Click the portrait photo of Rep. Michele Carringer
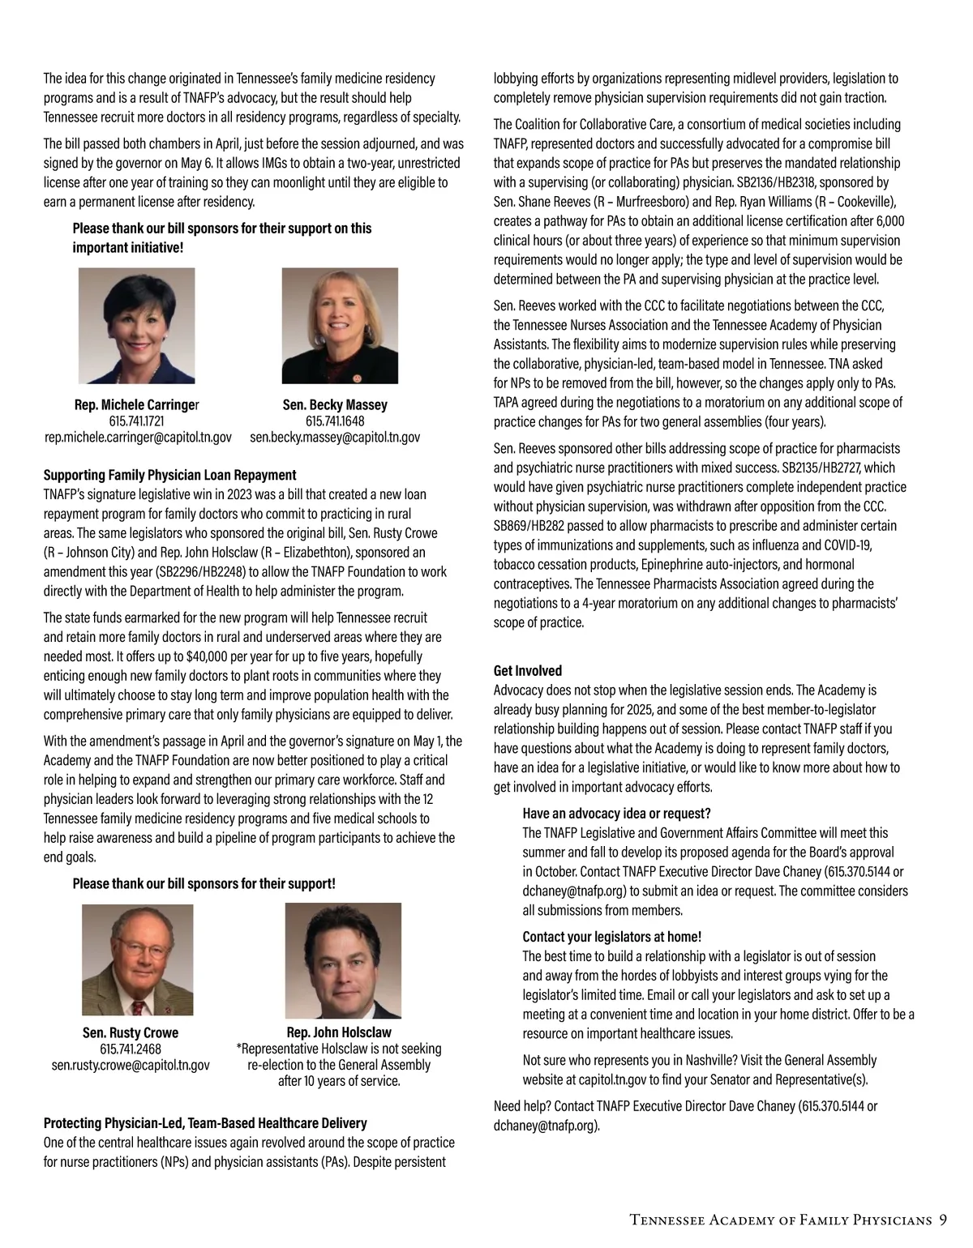click(x=136, y=326)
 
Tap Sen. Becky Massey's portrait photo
click(x=340, y=326)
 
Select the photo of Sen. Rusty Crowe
click(x=137, y=960)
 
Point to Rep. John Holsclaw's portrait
click(x=343, y=960)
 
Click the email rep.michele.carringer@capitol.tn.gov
click(x=138, y=438)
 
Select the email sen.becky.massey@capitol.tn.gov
click(x=335, y=438)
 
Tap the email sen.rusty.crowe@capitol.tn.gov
click(x=131, y=1065)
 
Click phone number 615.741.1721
click(x=136, y=421)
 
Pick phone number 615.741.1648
click(x=335, y=421)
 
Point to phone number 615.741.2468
click(x=131, y=1049)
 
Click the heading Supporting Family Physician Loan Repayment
click(x=169, y=475)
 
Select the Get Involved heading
click(x=527, y=671)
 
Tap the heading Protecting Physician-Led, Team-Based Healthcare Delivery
click(x=204, y=1123)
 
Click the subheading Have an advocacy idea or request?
click(x=616, y=814)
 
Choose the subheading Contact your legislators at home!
click(x=611, y=937)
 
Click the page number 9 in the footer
click(x=942, y=1220)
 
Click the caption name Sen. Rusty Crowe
click(x=131, y=1032)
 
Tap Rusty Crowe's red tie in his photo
click(x=138, y=1007)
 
